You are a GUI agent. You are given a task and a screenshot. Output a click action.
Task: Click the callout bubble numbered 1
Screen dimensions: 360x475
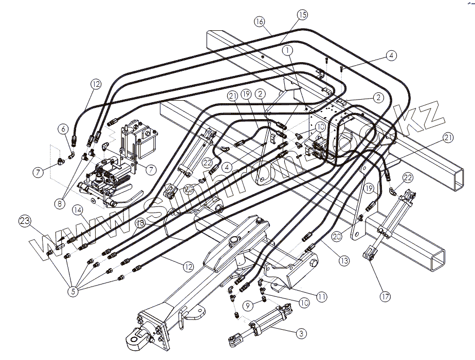tap(287, 50)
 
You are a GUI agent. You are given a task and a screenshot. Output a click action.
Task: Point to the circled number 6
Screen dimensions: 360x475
tap(62, 128)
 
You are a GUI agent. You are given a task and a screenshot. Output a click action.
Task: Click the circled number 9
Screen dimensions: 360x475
tap(247, 306)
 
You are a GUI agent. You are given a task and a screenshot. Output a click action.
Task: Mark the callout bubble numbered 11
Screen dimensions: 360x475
tap(321, 296)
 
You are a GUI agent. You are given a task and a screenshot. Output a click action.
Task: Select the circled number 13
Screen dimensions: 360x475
tap(344, 261)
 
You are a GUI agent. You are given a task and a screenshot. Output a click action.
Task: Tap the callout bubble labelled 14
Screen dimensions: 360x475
tap(78, 210)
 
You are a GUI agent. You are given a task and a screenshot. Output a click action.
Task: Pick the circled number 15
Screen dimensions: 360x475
tap(302, 15)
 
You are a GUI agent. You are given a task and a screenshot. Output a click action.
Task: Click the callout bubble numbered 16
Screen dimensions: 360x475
tap(260, 22)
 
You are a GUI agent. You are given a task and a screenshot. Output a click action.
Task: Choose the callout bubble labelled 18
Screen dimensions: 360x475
tap(140, 223)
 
